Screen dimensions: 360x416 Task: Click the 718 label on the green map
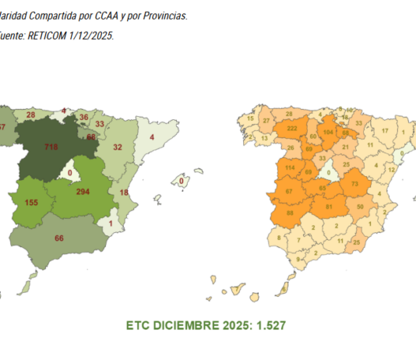[52, 146]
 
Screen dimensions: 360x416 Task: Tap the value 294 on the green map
[83, 190]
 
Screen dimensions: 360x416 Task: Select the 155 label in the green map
[32, 202]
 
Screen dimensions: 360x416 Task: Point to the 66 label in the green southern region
[58, 238]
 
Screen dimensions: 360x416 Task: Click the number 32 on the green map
[118, 146]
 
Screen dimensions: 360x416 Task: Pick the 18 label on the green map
[123, 192]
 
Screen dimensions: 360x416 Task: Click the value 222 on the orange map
[292, 128]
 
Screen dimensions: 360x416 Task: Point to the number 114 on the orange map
[291, 168]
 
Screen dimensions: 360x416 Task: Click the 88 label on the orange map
[291, 213]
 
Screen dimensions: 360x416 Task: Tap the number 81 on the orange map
[329, 206]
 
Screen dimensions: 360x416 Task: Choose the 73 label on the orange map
[354, 184]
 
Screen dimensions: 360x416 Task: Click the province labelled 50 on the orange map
[360, 206]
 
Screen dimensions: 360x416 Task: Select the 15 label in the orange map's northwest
[250, 118]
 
